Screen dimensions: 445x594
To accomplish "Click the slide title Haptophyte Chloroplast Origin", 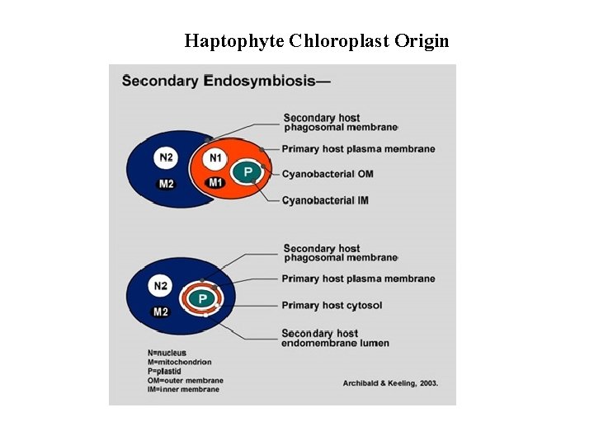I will [317, 40].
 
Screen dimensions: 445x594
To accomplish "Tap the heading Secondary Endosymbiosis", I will [226, 81].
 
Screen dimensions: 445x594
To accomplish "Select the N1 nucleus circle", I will [215, 157].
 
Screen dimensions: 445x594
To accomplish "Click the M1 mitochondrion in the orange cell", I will [215, 182].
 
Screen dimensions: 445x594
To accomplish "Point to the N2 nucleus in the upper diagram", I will [167, 157].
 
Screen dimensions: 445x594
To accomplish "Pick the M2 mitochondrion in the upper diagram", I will [166, 183].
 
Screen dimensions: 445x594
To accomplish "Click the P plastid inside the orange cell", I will [246, 172].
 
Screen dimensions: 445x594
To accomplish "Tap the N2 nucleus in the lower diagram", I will [160, 287].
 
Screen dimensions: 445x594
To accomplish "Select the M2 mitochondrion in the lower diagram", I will [161, 311].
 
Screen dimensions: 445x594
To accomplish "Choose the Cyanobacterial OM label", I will [328, 174].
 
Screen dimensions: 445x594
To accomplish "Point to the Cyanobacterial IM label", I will [325, 200].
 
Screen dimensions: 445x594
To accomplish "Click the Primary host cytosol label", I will [332, 305].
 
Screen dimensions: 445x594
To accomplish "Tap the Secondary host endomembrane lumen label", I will [335, 338].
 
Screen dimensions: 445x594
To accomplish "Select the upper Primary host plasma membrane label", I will [358, 149].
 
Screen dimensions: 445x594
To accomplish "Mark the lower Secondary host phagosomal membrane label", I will [340, 253].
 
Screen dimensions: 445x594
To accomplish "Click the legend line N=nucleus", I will [167, 353].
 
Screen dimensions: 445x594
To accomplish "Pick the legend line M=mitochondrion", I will [179, 362].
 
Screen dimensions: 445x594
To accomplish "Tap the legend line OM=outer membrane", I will [185, 381].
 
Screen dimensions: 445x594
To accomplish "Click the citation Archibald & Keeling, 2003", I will [390, 382].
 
